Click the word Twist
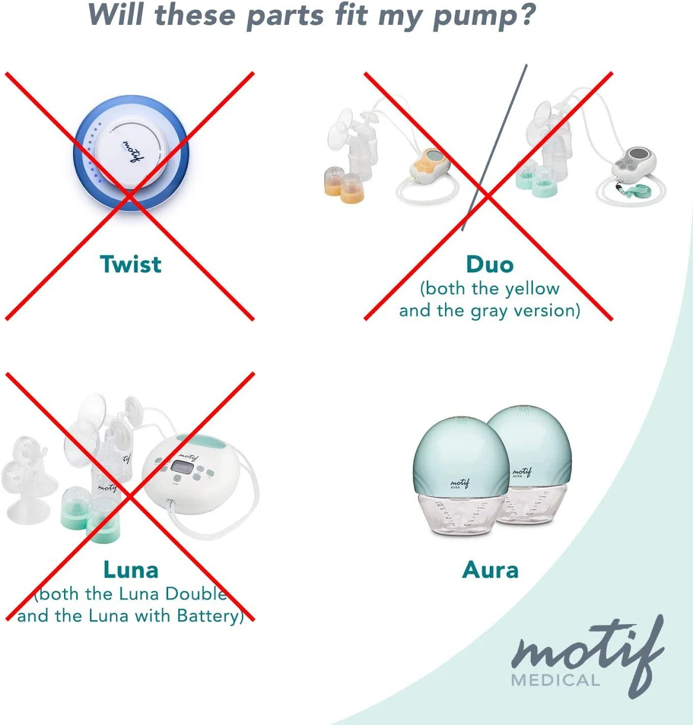point(131,264)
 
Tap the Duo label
point(490,265)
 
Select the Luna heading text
point(131,570)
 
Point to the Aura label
point(490,570)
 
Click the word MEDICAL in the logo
point(555,680)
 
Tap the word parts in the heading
point(285,16)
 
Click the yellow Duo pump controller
point(429,164)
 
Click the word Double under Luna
point(196,593)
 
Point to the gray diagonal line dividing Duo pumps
point(495,147)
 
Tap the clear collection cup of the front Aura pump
point(462,514)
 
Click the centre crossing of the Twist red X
point(129,196)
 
